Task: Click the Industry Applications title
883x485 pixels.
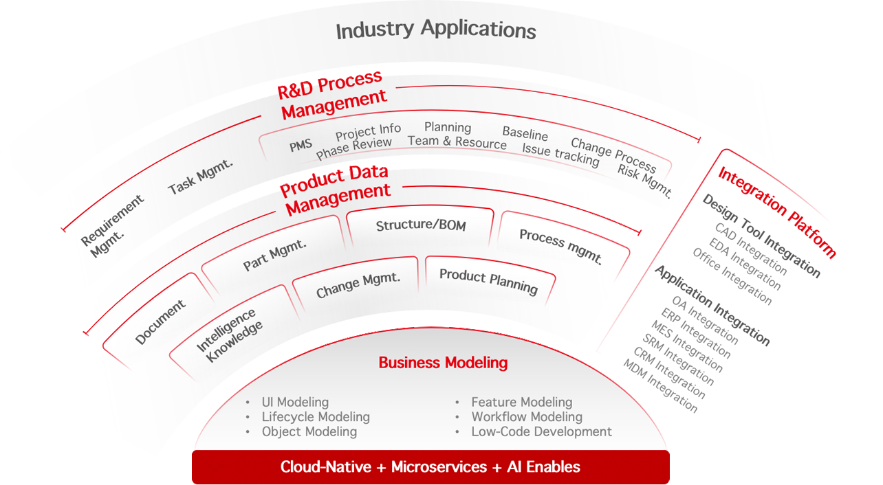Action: pyautogui.click(x=435, y=30)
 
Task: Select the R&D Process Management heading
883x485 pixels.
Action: pyautogui.click(x=332, y=96)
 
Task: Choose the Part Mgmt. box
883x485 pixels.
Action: pyautogui.click(x=275, y=253)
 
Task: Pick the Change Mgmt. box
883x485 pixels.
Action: pyautogui.click(x=358, y=284)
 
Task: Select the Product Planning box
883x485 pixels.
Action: pyautogui.click(x=488, y=280)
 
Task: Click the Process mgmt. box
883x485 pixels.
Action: pyautogui.click(x=561, y=247)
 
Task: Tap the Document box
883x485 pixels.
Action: pyautogui.click(x=160, y=322)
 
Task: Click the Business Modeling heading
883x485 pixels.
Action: pyautogui.click(x=443, y=363)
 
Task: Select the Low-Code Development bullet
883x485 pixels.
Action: pyautogui.click(x=541, y=431)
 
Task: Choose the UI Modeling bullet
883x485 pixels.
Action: pyautogui.click(x=295, y=402)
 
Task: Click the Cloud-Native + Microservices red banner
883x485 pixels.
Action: pyautogui.click(x=430, y=467)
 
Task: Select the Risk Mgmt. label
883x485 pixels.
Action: pyautogui.click(x=644, y=181)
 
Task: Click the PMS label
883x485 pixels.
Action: pyautogui.click(x=301, y=145)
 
